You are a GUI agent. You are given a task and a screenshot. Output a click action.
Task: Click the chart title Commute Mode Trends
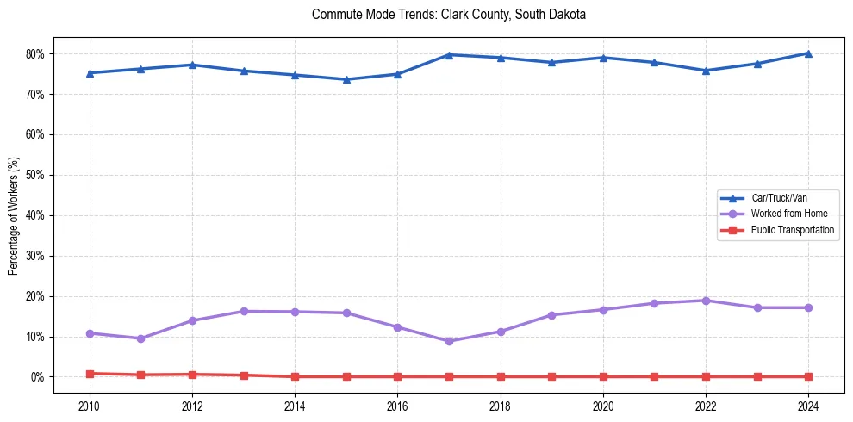tap(449, 15)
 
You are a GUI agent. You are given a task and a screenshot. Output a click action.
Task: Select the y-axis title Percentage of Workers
tap(13, 215)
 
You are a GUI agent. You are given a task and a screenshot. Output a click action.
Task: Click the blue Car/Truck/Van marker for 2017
tap(449, 55)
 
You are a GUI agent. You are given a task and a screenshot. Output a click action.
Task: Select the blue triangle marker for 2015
tap(346, 79)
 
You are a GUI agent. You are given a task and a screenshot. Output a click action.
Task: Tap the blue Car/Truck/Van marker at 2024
tap(807, 53)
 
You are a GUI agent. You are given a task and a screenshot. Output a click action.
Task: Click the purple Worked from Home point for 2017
tap(449, 341)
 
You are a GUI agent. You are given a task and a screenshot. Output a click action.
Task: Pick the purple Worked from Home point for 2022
tap(705, 301)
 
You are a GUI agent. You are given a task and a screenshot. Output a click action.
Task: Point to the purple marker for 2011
tap(141, 338)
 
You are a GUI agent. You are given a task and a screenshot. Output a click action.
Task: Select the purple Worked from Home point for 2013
tap(244, 311)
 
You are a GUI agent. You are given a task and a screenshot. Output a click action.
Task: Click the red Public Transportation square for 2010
tap(90, 374)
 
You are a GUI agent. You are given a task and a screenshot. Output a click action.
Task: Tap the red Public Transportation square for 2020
tap(602, 376)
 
